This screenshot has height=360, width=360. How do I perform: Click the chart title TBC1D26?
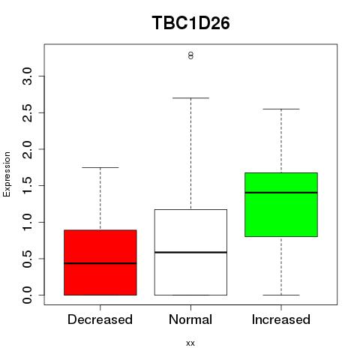pos(190,23)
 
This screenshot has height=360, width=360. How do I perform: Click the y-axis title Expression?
pos(7,174)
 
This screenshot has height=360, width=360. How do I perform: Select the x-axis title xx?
pos(190,343)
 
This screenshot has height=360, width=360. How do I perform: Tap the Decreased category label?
pos(100,319)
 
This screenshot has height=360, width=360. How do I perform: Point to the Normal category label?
pos(190,319)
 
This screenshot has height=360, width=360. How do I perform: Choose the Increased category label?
pos(281,319)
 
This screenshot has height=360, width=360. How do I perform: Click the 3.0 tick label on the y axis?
pos(27,76)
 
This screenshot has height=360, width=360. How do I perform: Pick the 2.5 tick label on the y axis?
pos(27,112)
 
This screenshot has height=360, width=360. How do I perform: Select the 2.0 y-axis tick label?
pos(27,149)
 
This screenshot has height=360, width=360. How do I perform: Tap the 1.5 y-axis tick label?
pos(27,185)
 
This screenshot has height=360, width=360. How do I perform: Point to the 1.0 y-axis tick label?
pos(27,222)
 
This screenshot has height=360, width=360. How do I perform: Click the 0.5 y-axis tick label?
pos(27,259)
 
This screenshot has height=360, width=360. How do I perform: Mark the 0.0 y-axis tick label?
pos(27,295)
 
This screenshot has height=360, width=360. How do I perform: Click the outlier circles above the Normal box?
pos(190,55)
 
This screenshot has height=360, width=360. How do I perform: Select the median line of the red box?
pos(100,263)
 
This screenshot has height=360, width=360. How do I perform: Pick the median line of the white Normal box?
pos(190,252)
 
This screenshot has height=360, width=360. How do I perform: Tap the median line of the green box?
pos(281,193)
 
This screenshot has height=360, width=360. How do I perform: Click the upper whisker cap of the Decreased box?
pos(100,167)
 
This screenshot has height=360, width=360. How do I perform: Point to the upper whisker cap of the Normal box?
pos(190,98)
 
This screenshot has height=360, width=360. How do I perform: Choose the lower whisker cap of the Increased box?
pos(281,295)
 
